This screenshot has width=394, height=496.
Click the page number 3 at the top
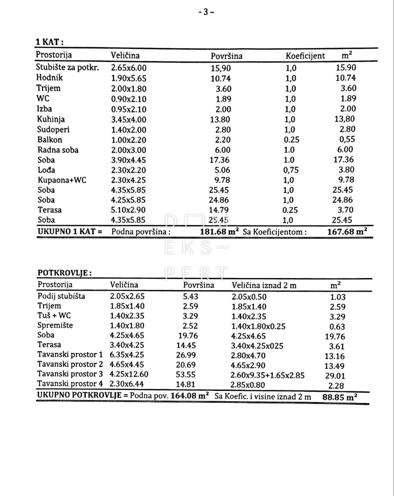tap(205, 12)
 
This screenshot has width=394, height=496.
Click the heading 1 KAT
tap(50, 42)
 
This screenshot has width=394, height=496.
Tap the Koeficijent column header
tap(305, 56)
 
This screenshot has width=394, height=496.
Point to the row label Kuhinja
tap(51, 119)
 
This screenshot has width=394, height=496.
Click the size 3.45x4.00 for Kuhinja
tap(128, 120)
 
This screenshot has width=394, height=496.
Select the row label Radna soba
tap(57, 150)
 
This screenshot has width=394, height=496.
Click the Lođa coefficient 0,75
tap(291, 170)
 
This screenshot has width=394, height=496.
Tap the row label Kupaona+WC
tap(62, 180)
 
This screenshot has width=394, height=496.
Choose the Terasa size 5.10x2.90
tap(128, 210)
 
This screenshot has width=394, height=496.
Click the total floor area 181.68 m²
tap(220, 232)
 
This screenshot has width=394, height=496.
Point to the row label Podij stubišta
tap(62, 296)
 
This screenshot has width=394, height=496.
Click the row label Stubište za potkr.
tap(67, 68)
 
